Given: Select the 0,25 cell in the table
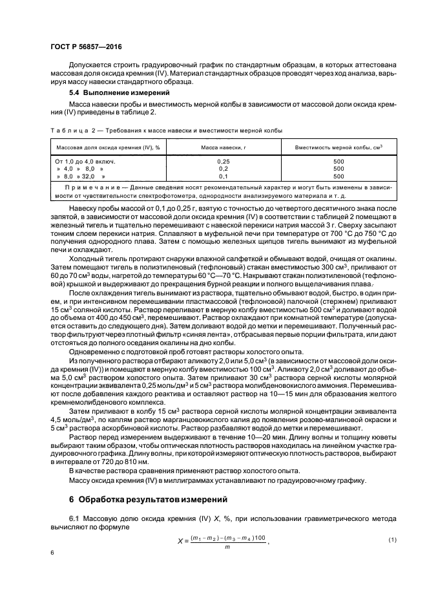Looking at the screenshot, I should click(224, 161).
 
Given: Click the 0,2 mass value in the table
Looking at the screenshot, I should click(224, 168).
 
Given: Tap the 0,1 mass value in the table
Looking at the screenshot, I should click(224, 176).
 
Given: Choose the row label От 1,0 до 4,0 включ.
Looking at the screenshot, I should click(87, 161).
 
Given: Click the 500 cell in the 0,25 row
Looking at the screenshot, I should click(338, 161).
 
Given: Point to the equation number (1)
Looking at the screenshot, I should click(391, 521).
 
